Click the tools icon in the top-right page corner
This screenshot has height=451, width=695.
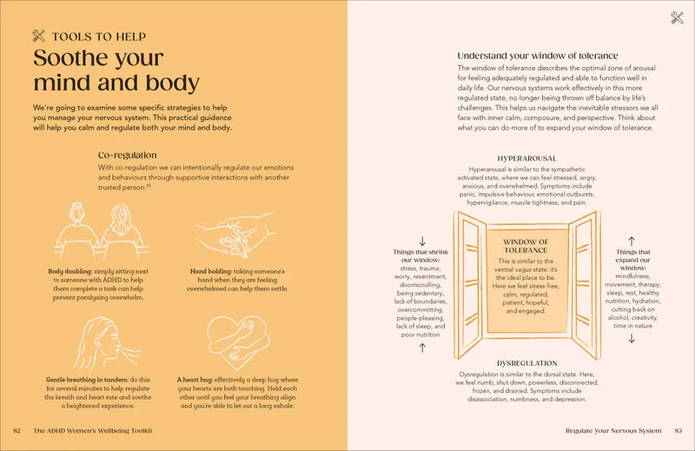[x=677, y=17]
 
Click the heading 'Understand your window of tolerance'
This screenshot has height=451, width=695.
[x=538, y=56]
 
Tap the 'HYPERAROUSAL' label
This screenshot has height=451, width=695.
[x=526, y=159]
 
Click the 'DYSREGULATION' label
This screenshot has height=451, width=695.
[x=526, y=363]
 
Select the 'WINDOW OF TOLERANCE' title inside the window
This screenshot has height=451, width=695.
[x=526, y=246]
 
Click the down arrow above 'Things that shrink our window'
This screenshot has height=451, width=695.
[x=422, y=241]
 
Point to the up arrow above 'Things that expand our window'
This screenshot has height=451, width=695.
[x=632, y=240]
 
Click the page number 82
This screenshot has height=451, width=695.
[x=17, y=430]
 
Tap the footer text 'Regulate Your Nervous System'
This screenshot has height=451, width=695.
[x=613, y=430]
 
